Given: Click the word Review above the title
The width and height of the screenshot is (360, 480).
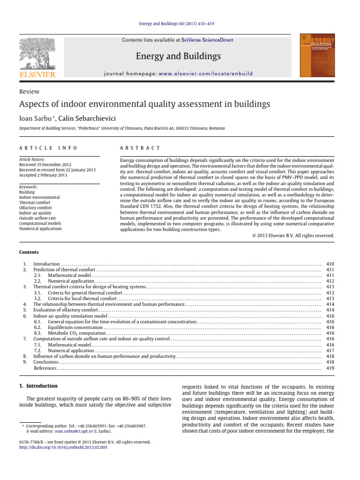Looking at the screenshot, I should click(x=29, y=92).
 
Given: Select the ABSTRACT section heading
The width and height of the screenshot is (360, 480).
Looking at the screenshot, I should click(x=140, y=148).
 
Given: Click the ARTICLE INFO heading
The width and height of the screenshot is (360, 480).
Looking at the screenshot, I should click(x=43, y=148).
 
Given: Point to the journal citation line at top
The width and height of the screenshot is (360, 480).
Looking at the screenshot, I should click(x=180, y=24).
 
